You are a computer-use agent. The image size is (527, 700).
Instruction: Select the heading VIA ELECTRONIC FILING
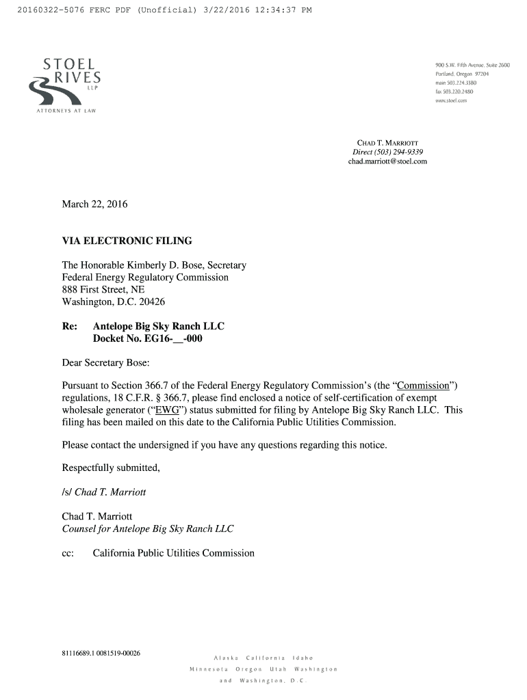(x=127, y=241)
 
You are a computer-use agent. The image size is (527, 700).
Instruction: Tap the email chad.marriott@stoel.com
(x=387, y=161)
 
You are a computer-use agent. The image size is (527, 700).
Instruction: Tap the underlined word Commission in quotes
(x=422, y=385)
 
